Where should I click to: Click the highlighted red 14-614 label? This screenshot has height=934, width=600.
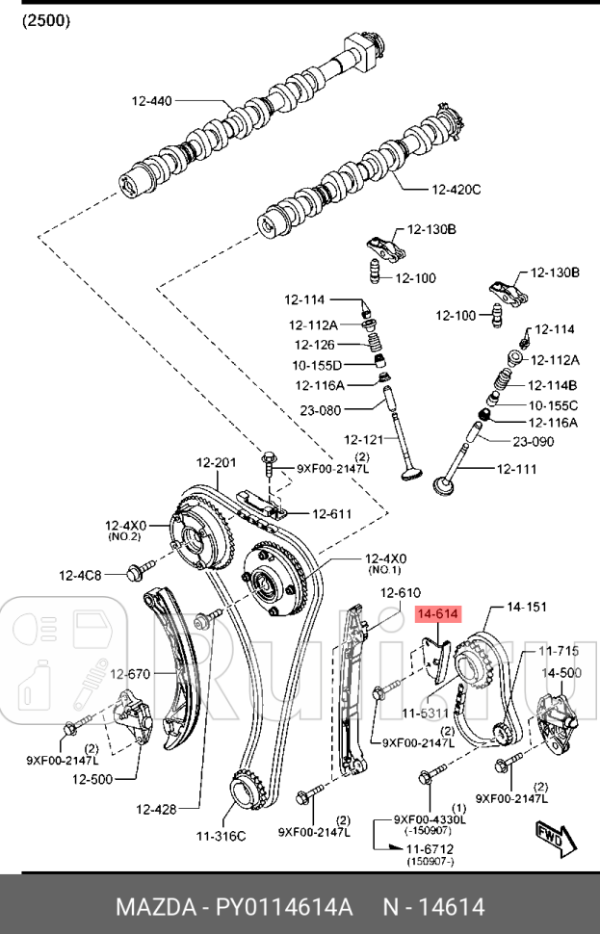tap(437, 612)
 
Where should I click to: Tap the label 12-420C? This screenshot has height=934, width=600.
tap(456, 189)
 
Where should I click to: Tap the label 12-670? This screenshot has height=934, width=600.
tap(128, 674)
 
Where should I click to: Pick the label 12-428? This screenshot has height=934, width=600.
tap(156, 809)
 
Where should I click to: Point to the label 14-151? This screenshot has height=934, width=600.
tap(527, 608)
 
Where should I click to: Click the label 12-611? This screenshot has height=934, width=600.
tap(332, 513)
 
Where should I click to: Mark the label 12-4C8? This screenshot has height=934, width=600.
tap(81, 575)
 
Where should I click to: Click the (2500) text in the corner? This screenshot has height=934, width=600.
tap(46, 20)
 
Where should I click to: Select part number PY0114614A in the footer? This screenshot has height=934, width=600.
tap(280, 907)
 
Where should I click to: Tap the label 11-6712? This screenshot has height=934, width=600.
tap(429, 847)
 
